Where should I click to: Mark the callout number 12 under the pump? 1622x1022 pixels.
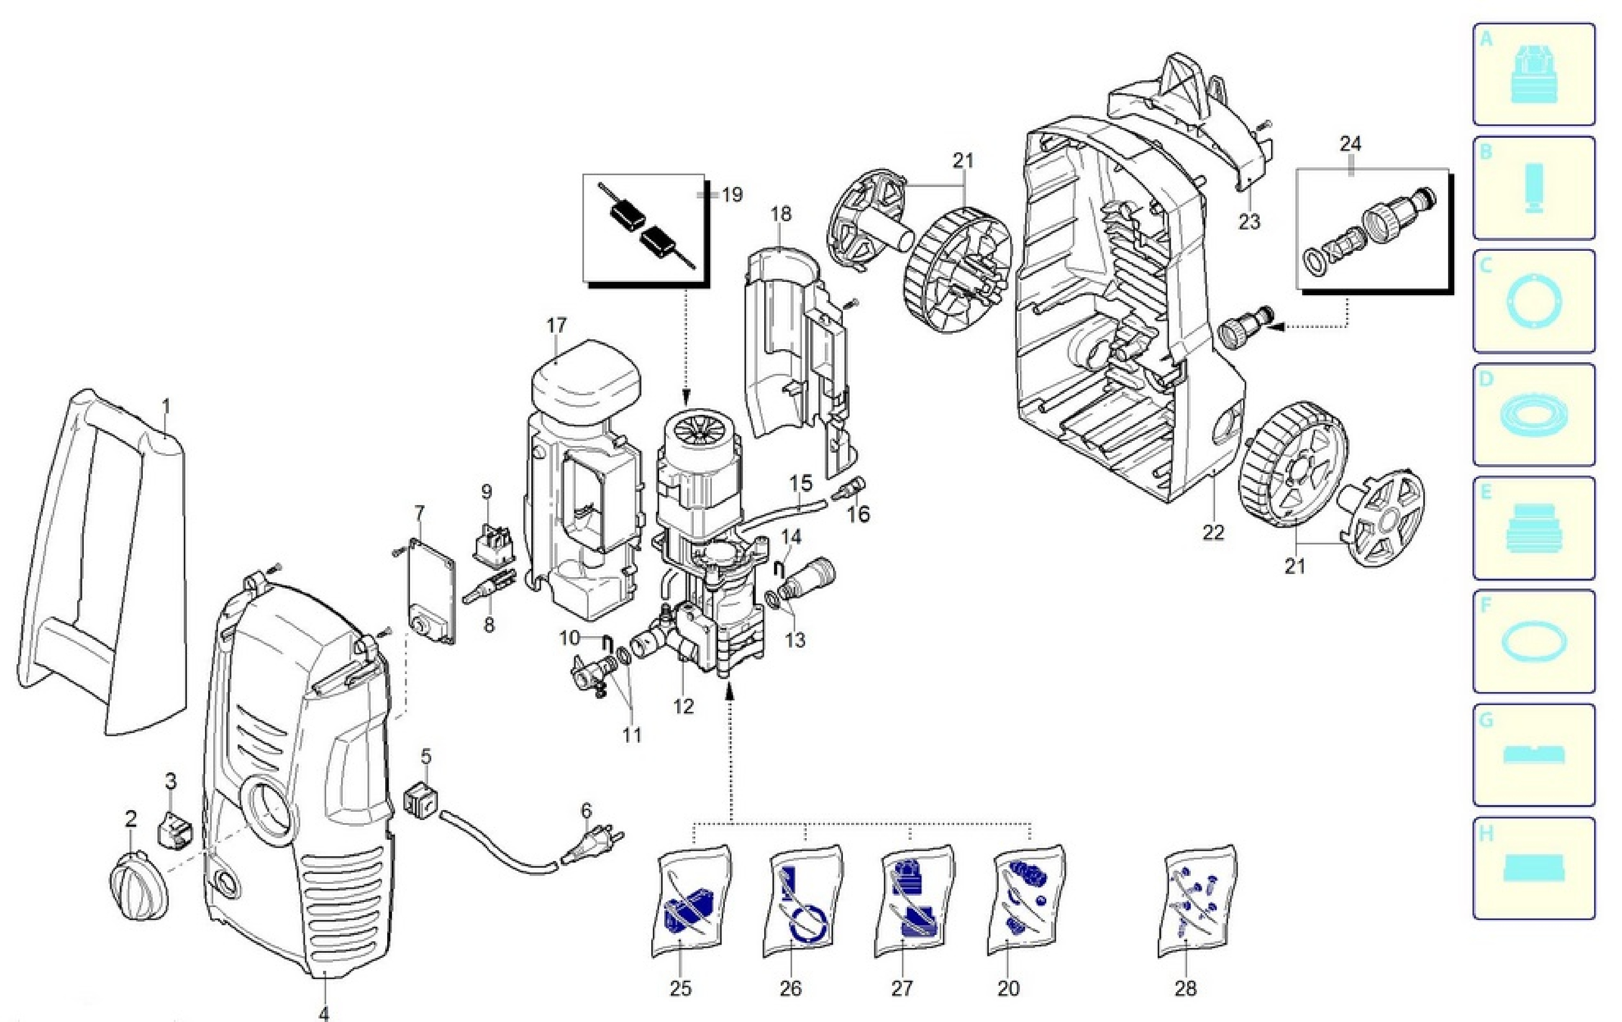(x=683, y=706)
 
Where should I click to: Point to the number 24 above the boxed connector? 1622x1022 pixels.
(x=1350, y=144)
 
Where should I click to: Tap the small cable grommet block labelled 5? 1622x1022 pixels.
(x=420, y=800)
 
